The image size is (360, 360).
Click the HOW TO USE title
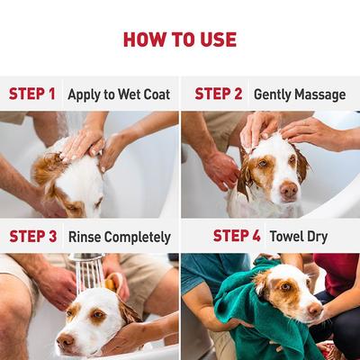click(x=180, y=40)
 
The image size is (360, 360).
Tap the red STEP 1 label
click(x=32, y=94)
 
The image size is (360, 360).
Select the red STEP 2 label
click(x=219, y=94)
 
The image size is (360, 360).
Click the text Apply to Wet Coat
click(x=118, y=94)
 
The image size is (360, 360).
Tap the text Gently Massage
click(x=300, y=94)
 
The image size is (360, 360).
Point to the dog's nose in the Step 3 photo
click(x=64, y=341)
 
